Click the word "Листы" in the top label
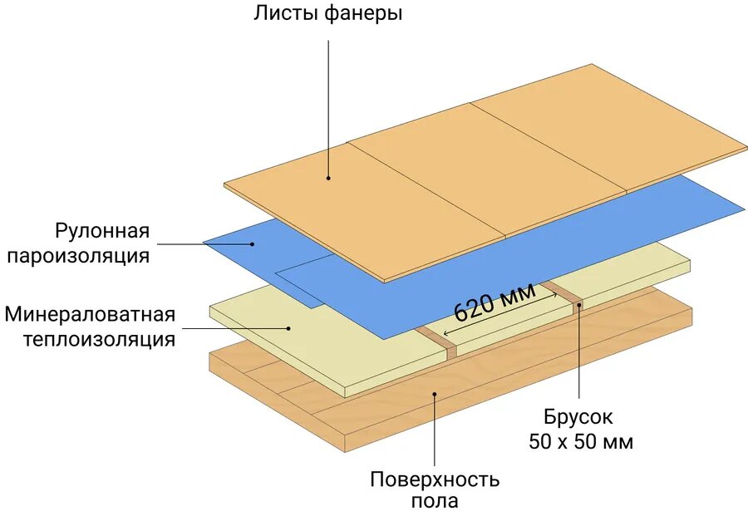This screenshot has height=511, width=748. click(x=283, y=14)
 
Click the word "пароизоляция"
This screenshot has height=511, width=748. click(x=79, y=255)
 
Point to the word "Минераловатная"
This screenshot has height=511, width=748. click(x=90, y=315)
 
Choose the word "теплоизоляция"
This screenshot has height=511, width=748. click(x=99, y=339)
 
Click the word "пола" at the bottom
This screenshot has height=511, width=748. click(x=434, y=500)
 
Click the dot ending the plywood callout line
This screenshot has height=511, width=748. click(x=328, y=177)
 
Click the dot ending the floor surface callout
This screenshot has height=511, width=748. click(x=434, y=396)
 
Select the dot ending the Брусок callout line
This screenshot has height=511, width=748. click(x=578, y=305)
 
